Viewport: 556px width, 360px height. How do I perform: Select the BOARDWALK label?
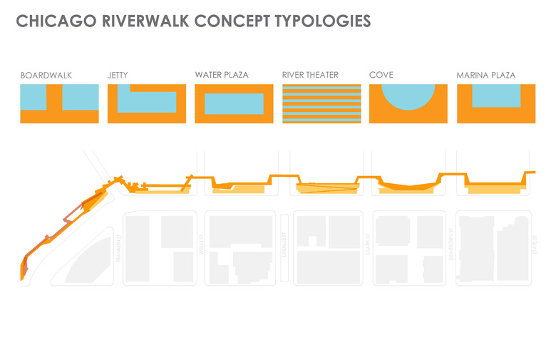click(46, 75)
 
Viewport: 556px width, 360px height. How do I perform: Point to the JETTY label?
click(119, 75)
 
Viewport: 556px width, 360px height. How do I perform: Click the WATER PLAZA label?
click(222, 75)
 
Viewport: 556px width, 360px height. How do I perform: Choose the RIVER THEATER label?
click(310, 75)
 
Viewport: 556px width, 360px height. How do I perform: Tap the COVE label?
click(381, 75)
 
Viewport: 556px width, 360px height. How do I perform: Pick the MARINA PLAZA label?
click(485, 75)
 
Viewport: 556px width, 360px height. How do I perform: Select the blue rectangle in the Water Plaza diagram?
click(234, 104)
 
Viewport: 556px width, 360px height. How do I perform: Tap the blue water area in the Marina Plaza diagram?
click(495, 96)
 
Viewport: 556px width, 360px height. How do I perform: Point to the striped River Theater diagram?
click(321, 104)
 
